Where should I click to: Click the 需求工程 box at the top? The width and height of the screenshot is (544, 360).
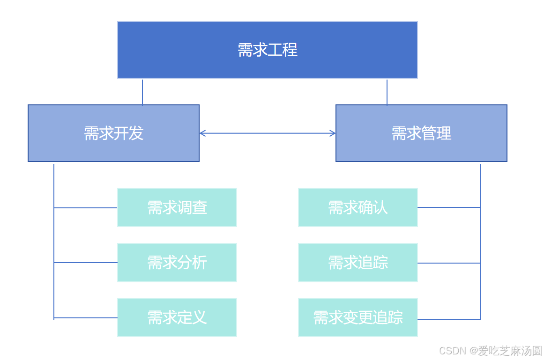(267, 50)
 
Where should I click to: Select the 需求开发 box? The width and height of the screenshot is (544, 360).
(113, 133)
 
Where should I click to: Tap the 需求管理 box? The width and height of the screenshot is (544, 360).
(421, 133)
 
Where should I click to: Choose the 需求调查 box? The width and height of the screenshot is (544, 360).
(177, 207)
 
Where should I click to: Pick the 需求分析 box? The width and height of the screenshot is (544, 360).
(177, 263)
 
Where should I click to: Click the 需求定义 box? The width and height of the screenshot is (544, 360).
(177, 317)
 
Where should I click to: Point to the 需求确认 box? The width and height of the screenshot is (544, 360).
(358, 207)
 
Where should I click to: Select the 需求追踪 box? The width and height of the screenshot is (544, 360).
(358, 263)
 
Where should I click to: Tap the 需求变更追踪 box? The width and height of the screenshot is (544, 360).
(358, 317)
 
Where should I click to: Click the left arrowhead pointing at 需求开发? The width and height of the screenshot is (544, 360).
(202, 133)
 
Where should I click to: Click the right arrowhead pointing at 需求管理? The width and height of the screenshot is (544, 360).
(333, 133)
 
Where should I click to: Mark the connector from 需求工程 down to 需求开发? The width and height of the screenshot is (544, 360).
(142, 92)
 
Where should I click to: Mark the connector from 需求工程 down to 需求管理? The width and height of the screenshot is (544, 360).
(387, 92)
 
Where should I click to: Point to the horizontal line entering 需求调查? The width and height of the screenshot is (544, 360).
(86, 207)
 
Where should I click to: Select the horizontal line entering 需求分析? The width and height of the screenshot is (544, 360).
(86, 263)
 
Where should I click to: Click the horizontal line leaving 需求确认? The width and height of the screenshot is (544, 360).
(449, 207)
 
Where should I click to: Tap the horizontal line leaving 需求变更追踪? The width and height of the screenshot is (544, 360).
(449, 319)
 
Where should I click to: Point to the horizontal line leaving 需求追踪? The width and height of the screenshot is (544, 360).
(449, 263)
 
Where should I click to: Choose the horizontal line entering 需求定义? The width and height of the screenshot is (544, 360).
(86, 318)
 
